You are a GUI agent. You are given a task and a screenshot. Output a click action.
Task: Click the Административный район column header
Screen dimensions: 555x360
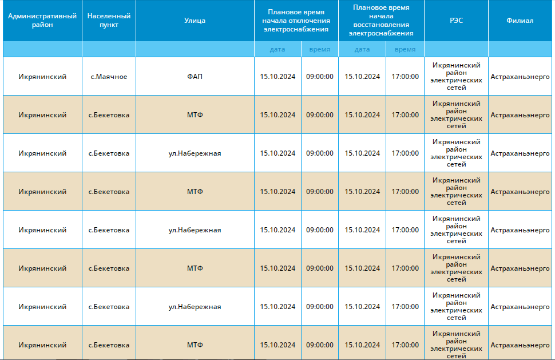coord(42,21)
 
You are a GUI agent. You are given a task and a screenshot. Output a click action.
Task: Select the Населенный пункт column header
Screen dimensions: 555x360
coord(109,21)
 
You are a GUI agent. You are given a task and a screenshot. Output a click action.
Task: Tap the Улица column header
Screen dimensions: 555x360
coord(195,21)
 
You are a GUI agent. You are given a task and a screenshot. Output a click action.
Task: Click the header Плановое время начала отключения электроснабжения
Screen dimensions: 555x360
coord(296,21)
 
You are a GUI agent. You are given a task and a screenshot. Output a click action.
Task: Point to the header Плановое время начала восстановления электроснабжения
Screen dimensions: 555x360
coord(381,21)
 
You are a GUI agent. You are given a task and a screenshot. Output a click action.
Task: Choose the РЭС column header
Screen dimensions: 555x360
coord(456,21)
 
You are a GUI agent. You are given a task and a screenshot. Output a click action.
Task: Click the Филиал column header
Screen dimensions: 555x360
coord(520,21)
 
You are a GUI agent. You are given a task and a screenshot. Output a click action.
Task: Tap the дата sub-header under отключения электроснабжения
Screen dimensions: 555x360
coord(277,50)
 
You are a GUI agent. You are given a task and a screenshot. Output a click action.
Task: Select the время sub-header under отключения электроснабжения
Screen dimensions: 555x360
coord(320,50)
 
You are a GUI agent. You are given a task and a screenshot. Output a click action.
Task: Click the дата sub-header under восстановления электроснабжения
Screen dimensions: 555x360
coord(362,50)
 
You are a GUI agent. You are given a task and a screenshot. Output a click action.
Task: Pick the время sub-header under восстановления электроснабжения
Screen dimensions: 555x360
coord(405,50)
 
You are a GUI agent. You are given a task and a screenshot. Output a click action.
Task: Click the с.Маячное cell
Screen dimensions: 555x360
coord(109,77)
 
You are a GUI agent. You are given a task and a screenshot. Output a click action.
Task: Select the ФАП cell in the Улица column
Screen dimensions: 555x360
coord(195,77)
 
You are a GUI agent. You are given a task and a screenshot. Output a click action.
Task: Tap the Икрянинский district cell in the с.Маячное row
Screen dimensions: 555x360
coord(42,77)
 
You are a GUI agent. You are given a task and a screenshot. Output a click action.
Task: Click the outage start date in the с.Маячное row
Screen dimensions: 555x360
coord(277,77)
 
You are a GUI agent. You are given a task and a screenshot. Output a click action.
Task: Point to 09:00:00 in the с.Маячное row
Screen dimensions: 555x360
coord(320,77)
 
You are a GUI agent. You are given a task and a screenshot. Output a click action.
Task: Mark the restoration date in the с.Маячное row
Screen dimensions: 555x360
coord(362,77)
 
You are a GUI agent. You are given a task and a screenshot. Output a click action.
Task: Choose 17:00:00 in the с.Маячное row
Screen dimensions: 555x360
coord(405,77)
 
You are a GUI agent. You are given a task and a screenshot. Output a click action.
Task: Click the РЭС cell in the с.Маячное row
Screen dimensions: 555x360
coord(456,77)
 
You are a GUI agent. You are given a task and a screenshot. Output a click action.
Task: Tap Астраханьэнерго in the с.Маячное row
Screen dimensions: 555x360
coord(520,77)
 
